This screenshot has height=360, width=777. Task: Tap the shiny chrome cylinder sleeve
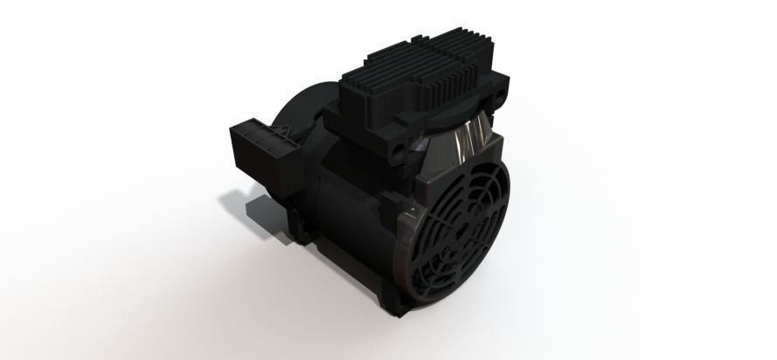click(x=468, y=140)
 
